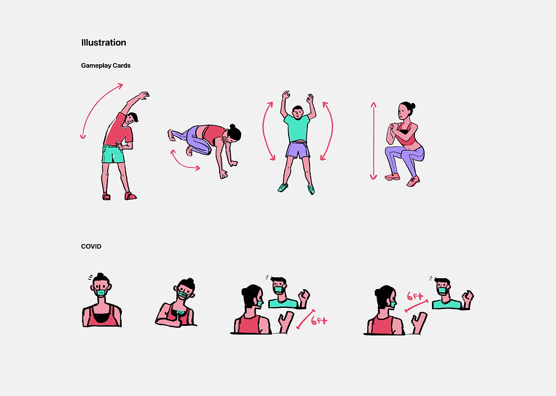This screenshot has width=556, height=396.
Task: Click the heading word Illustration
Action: click(x=104, y=43)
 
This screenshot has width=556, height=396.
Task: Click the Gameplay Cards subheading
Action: click(x=106, y=65)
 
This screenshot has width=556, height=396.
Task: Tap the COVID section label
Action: click(x=91, y=246)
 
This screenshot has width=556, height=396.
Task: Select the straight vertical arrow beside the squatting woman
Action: click(x=373, y=141)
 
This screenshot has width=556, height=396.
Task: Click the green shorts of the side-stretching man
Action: click(x=113, y=154)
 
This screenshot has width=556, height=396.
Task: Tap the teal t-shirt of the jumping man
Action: click(x=297, y=128)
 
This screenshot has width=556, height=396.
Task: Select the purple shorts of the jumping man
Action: click(x=298, y=150)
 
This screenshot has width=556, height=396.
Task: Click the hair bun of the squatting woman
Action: click(x=412, y=105)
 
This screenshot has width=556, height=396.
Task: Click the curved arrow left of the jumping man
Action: click(x=267, y=131)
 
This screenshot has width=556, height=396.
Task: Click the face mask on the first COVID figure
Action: click(x=101, y=293)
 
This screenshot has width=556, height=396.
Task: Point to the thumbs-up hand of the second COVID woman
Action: click(x=172, y=321)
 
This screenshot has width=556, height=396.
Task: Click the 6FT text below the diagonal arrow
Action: click(x=319, y=321)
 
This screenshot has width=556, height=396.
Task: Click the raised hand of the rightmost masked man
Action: click(x=468, y=300)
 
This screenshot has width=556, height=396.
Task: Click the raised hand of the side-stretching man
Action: click(x=143, y=96)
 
